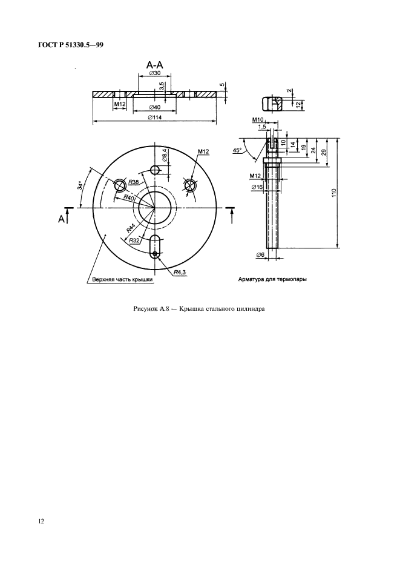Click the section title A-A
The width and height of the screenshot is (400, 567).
(x=155, y=65)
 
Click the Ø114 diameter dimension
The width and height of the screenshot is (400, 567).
(x=155, y=117)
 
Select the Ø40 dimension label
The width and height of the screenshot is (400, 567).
(x=155, y=107)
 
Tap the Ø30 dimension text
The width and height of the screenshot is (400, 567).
(x=155, y=73)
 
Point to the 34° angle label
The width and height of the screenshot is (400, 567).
(x=80, y=185)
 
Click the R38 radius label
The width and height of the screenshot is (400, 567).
(x=134, y=182)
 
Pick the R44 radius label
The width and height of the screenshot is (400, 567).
(x=131, y=227)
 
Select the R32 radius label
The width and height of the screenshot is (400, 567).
(x=134, y=240)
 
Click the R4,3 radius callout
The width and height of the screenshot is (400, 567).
(x=180, y=272)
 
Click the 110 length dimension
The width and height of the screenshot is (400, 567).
(x=333, y=193)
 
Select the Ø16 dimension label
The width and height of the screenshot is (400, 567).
(x=257, y=187)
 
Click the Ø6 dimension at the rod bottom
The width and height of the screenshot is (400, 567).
(x=261, y=255)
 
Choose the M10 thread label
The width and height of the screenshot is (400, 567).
(x=258, y=120)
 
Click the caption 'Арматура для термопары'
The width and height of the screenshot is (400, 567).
(x=272, y=279)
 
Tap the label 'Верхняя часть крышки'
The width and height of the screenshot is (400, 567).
(x=122, y=279)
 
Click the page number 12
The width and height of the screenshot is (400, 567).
(x=41, y=521)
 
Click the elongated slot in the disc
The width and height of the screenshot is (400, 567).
(x=155, y=247)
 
